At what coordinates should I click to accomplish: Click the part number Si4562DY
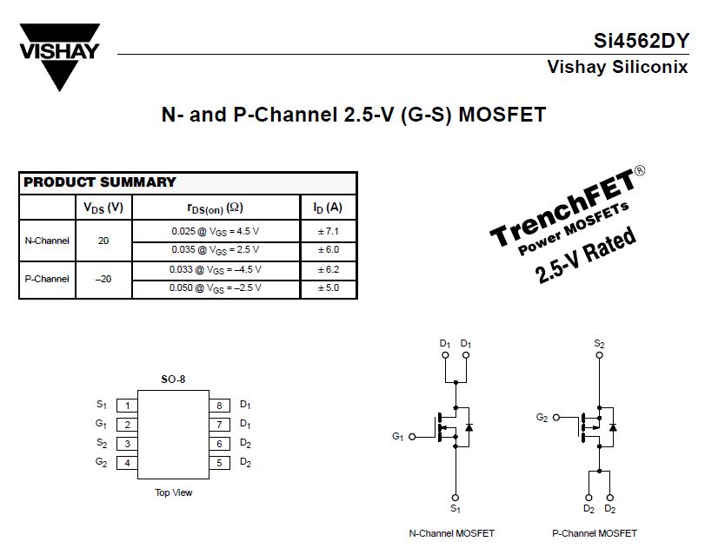642,41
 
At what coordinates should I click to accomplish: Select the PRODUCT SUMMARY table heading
99,182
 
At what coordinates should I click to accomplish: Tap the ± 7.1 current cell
328,231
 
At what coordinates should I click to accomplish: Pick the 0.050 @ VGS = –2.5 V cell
215,288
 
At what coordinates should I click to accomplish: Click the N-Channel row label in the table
47,241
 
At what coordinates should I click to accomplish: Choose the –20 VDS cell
103,279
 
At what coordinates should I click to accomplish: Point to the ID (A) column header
328,208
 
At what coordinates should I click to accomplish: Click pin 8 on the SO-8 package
219,406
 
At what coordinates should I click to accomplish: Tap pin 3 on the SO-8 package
128,444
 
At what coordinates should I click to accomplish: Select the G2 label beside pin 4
102,462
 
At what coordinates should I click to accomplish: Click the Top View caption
174,492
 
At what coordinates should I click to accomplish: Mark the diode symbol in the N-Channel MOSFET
469,427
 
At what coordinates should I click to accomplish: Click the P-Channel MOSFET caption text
595,533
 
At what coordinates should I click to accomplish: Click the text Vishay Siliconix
617,67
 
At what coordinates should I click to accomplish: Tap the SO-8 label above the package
173,380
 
